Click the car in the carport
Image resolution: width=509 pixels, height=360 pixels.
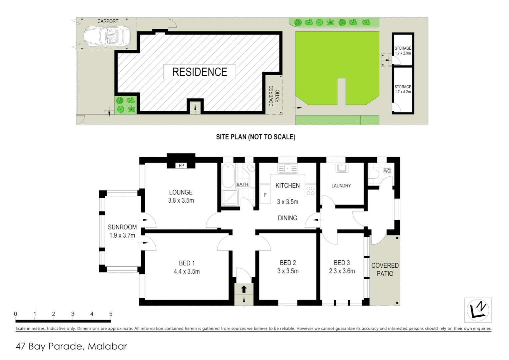tap(107, 36)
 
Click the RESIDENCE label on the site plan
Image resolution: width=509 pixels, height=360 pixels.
tap(200, 72)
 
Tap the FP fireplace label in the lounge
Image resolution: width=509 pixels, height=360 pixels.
tap(181, 166)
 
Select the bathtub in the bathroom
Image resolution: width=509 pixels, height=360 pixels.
tap(228, 175)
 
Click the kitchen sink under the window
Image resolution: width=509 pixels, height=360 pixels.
tap(287, 168)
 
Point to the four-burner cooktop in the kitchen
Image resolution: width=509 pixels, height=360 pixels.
tap(310, 191)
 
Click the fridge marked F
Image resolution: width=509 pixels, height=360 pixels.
tap(265, 195)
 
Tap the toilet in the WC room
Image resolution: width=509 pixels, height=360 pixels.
tap(374, 175)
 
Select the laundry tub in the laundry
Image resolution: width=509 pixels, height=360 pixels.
tap(342, 167)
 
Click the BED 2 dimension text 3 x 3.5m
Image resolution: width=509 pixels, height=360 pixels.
tap(288, 271)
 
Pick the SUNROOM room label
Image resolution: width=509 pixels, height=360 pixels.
tap(122, 227)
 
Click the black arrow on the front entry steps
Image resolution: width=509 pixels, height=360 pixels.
tap(244, 289)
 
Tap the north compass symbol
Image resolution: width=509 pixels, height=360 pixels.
tap(478, 310)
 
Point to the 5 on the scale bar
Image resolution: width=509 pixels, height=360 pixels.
tap(111, 314)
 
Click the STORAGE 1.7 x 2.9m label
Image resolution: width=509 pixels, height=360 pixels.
tap(403, 51)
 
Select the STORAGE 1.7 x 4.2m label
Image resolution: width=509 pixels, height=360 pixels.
tap(403, 89)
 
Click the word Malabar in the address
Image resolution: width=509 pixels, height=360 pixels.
tap(107, 346)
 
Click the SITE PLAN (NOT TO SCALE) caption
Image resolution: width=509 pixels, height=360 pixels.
tap(255, 137)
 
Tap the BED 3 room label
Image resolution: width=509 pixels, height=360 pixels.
tap(342, 263)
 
